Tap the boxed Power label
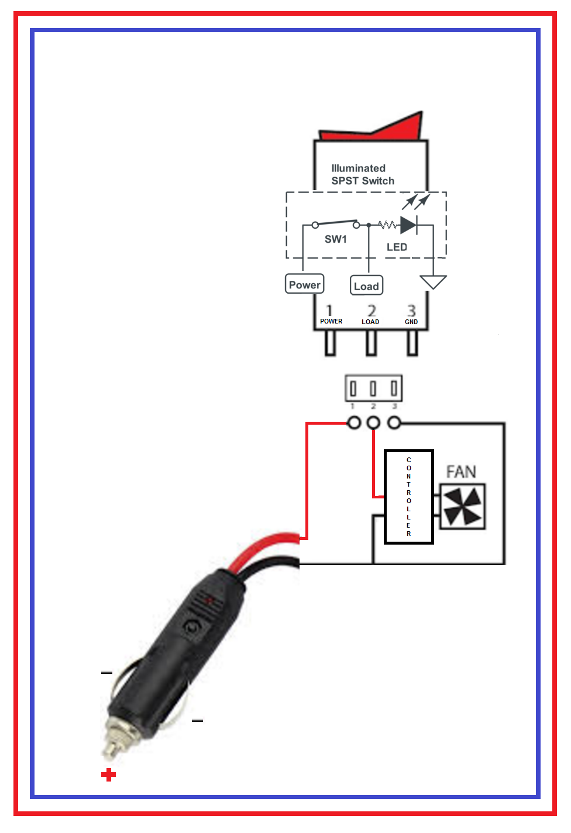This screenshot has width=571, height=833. pyautogui.click(x=304, y=284)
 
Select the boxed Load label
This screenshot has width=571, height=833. pyautogui.click(x=366, y=285)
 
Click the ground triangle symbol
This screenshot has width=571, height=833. pyautogui.click(x=433, y=282)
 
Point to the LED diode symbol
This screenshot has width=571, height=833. pyautogui.click(x=408, y=225)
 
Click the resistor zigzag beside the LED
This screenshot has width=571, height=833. pyautogui.click(x=388, y=225)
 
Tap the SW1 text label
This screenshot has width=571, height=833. pyautogui.click(x=336, y=239)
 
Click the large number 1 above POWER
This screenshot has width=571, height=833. pyautogui.click(x=329, y=311)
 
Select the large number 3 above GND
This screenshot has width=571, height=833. pyautogui.click(x=411, y=311)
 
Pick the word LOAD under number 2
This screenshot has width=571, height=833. pyautogui.click(x=370, y=322)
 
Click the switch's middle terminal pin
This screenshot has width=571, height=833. pyautogui.click(x=371, y=343)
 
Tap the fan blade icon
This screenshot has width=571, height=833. pyautogui.click(x=462, y=506)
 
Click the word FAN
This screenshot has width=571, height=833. pyautogui.click(x=461, y=472)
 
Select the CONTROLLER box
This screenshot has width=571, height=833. pyautogui.click(x=409, y=497)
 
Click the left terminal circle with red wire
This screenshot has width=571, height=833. pyautogui.click(x=354, y=423)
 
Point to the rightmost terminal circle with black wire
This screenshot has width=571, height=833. pyautogui.click(x=394, y=423)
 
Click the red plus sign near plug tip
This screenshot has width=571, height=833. pyautogui.click(x=108, y=775)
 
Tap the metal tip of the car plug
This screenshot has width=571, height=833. pyautogui.click(x=111, y=748)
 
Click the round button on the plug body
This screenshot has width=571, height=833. pyautogui.click(x=191, y=627)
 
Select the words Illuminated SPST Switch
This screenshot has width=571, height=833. pyautogui.click(x=363, y=174)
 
